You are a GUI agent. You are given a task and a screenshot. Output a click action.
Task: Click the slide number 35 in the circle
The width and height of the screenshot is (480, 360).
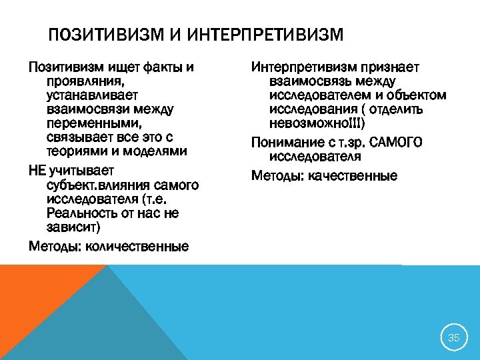(x=453, y=337)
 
